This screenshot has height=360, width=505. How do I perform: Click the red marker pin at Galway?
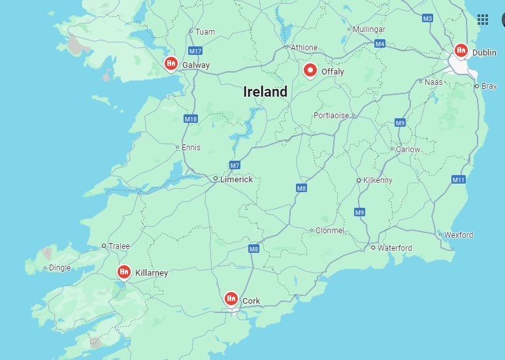click(171, 63)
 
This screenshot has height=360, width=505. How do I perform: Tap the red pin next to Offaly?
click(310, 70)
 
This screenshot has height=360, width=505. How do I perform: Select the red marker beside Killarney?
click(123, 271)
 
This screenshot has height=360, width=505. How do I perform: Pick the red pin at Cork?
click(231, 299)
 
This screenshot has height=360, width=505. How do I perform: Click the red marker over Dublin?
click(461, 50)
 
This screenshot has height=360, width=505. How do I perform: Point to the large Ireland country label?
click(265, 92)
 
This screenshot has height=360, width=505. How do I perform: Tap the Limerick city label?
click(236, 179)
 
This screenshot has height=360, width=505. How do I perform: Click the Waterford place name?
click(395, 248)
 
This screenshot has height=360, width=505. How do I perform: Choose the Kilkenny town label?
click(377, 180)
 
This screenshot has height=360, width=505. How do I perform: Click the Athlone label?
click(304, 48)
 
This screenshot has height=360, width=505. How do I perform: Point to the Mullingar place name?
click(369, 29)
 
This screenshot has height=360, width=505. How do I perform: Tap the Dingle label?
click(60, 268)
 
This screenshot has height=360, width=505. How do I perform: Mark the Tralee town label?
click(119, 246)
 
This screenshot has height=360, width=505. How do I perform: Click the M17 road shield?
click(195, 51)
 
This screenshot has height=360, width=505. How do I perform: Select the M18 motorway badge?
click(191, 119)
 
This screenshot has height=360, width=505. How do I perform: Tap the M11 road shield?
click(459, 180)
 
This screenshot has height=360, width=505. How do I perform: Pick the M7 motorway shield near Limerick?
click(235, 165)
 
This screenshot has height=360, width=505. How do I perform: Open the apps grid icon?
click(483, 19)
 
